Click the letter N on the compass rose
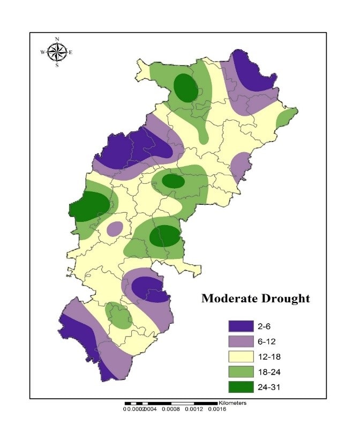tap(57, 39)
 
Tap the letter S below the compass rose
tap(57, 65)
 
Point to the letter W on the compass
tap(43, 52)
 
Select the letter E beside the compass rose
tap(70, 52)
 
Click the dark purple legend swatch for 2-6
tap(241, 326)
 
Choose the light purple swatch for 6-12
tap(241, 341)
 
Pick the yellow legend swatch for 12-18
tap(241, 355)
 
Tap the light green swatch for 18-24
tap(241, 370)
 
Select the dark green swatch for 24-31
tap(241, 385)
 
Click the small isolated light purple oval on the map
tap(115, 229)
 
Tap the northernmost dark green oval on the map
tap(185, 87)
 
